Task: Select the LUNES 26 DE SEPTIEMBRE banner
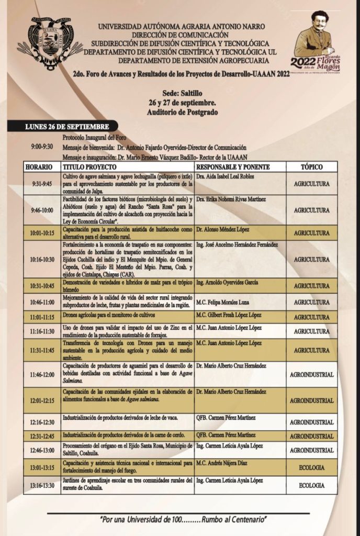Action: point(67,127)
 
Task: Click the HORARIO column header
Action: point(39,166)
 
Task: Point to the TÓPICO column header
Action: point(311,166)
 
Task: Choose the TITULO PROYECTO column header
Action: point(87,166)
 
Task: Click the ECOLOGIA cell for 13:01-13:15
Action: point(311,467)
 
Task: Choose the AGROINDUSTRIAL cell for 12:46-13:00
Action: point(311,450)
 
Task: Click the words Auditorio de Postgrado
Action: point(181,112)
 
